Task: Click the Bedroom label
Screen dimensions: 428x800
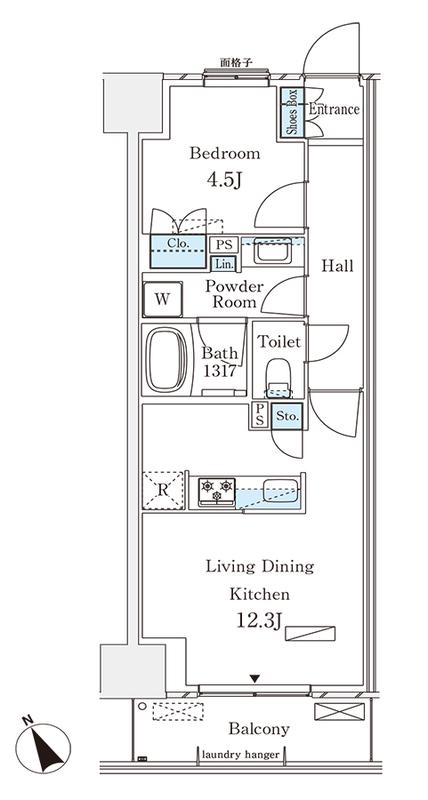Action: tap(224, 153)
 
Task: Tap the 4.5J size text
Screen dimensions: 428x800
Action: tap(223, 179)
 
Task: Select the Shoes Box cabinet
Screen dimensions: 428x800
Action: tap(292, 112)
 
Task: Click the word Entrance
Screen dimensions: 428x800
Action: tap(334, 109)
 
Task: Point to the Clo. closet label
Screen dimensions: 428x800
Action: tap(179, 244)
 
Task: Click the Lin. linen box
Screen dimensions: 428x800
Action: tap(224, 264)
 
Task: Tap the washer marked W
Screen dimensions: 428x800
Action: tap(162, 299)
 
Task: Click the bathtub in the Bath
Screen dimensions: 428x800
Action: tap(166, 360)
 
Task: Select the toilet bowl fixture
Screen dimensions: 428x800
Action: tap(279, 378)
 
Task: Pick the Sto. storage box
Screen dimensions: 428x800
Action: tap(287, 417)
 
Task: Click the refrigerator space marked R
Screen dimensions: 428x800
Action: tap(162, 490)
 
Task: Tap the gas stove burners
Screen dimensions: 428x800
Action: tap(217, 491)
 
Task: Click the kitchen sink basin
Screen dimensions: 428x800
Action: tap(280, 491)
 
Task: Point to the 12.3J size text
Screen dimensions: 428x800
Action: tap(259, 620)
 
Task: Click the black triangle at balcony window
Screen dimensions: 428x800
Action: tap(255, 679)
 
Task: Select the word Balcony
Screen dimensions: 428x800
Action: tap(259, 729)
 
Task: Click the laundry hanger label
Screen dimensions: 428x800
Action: tap(241, 755)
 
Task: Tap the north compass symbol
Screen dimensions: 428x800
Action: tap(43, 747)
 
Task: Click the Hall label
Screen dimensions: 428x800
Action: tap(337, 266)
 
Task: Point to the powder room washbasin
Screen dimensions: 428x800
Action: tap(273, 251)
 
